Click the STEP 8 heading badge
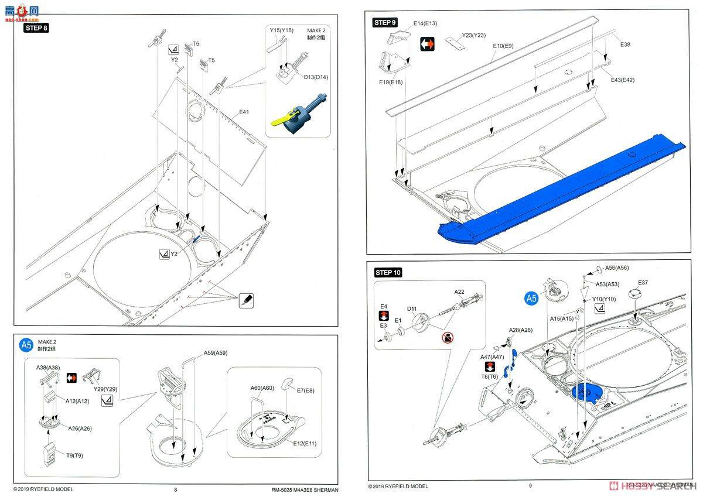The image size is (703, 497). point(36,28)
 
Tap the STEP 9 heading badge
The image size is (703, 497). point(385,22)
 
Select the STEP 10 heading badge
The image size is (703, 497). point(388,272)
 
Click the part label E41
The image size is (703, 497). point(244,112)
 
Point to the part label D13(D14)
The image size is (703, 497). point(316,77)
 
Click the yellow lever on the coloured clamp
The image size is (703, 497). point(283,119)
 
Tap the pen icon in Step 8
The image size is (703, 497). point(246,300)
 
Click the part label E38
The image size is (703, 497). point(625,44)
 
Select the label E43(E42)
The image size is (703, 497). point(622,80)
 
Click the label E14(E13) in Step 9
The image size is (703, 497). point(425,23)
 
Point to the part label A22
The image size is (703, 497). point(459,292)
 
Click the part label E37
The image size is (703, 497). point(643,282)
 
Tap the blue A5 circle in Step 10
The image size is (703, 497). point(531,298)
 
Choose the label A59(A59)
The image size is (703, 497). point(216,352)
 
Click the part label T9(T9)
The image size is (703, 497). point(74,455)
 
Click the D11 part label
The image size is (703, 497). point(412,309)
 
